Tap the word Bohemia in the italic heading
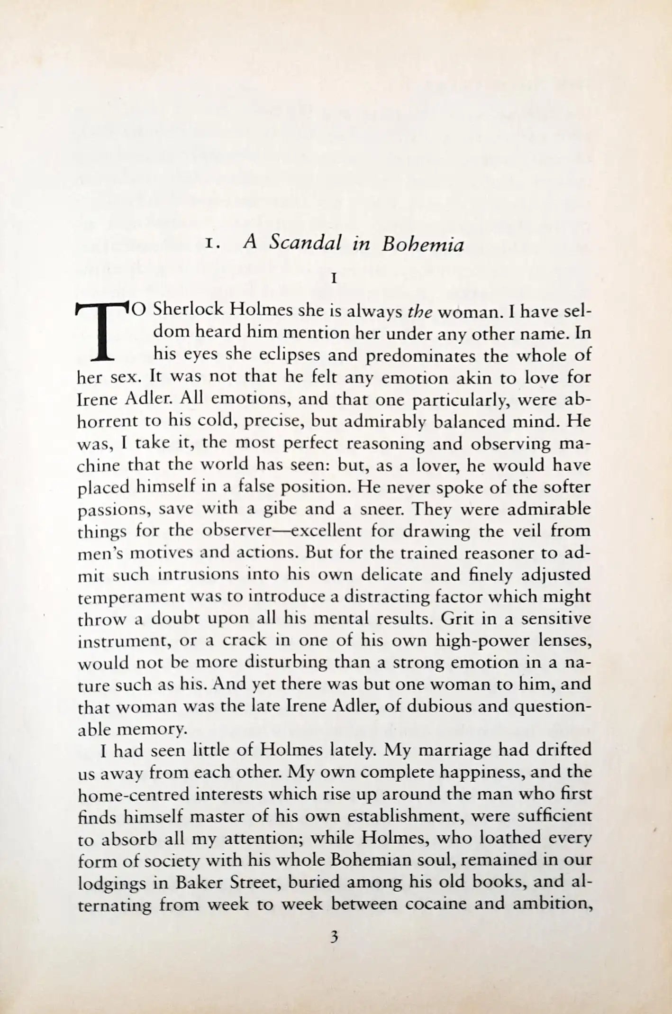[x=423, y=244]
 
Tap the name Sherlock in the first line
[x=189, y=311]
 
